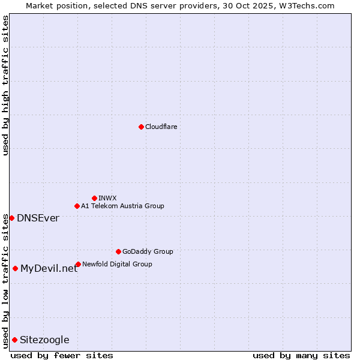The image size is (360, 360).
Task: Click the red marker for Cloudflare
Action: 141,127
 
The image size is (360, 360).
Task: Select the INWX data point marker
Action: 94,198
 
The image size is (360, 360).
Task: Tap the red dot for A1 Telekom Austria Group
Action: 77,206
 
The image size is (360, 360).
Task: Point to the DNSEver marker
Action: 11,218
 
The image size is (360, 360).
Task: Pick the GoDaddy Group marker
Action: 118,251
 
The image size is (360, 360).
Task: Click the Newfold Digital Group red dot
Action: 78,264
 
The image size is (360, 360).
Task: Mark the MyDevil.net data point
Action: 15,268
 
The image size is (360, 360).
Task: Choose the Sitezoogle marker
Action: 14,340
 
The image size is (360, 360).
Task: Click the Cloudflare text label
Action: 161,127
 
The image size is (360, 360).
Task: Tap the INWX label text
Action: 107,198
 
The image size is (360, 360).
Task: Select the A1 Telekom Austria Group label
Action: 122,206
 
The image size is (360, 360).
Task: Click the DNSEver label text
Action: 38,218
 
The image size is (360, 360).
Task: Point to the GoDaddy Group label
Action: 148,251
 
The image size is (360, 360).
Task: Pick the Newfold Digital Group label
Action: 117,264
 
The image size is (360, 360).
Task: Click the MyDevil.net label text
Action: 49,268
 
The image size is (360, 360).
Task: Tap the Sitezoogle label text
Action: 44,340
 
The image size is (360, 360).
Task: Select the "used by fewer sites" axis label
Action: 62,355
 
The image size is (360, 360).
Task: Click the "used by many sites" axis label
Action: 301,355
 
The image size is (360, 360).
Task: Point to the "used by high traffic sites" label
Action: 5,85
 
